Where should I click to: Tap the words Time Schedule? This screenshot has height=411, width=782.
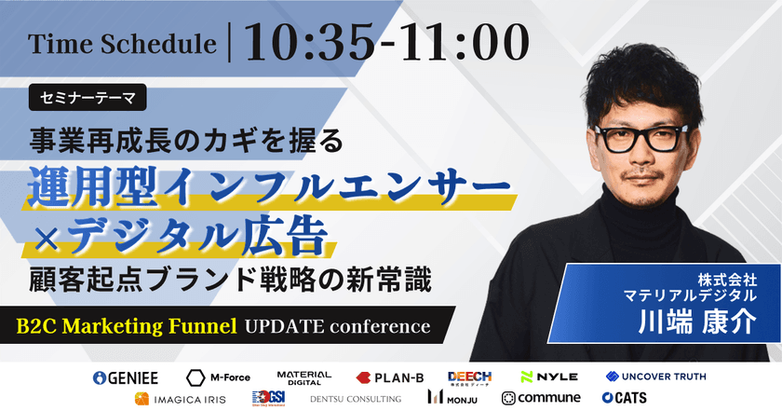pos(123,45)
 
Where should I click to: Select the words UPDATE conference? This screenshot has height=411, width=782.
pos(337,327)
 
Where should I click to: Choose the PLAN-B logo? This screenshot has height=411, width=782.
pos(390,377)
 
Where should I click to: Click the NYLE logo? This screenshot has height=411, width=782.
pos(549,377)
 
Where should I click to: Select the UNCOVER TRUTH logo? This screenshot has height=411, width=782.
pos(655,377)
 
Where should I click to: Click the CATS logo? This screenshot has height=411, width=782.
pos(626,398)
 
